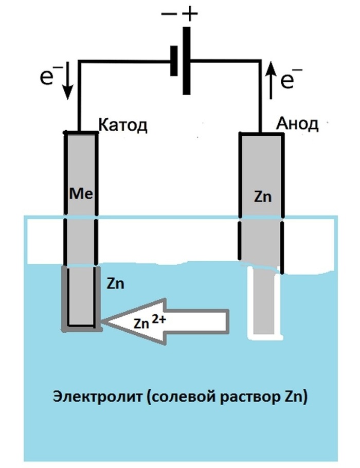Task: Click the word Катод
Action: [x=122, y=125]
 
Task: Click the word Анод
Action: [x=297, y=123]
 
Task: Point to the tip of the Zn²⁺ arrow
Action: [x=102, y=321]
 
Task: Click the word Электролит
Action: [x=98, y=397]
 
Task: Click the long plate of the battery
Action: [x=186, y=61]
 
